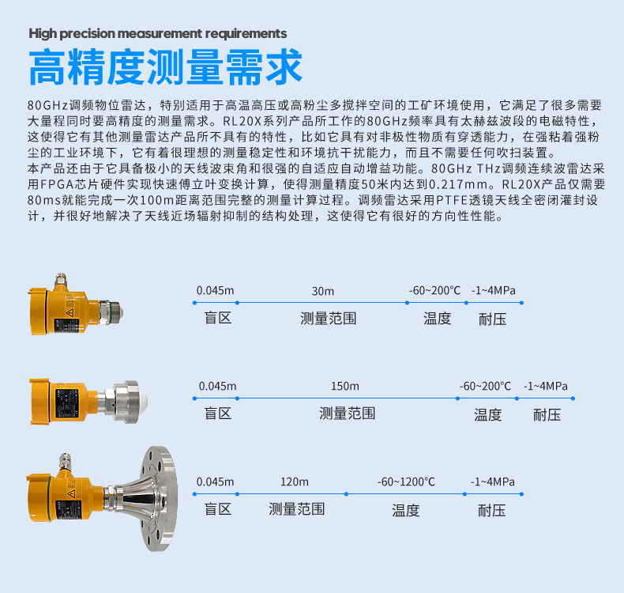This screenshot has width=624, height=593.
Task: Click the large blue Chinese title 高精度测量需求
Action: [x=166, y=66]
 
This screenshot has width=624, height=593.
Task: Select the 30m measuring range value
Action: [x=323, y=291]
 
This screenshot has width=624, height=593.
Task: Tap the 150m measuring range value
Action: [x=345, y=387]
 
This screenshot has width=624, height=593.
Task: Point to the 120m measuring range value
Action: [x=295, y=482]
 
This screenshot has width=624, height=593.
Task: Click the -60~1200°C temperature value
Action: [x=406, y=482]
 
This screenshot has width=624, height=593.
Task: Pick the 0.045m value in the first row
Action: [x=216, y=291]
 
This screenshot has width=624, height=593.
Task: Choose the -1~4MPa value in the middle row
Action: [x=546, y=387]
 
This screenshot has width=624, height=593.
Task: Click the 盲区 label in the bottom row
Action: [x=218, y=509]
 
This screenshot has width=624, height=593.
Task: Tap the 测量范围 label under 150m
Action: [x=348, y=414]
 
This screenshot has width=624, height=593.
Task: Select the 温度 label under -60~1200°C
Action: [x=406, y=510]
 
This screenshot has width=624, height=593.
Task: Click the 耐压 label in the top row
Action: [x=493, y=319]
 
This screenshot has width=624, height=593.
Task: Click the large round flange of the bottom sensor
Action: [x=160, y=499]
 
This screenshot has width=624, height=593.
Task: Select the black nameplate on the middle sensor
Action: [x=66, y=403]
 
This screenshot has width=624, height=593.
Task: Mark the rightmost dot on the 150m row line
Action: [x=573, y=398]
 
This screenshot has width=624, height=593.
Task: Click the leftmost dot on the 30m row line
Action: [x=194, y=303]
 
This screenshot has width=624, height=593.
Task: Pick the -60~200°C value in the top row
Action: [x=434, y=291]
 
